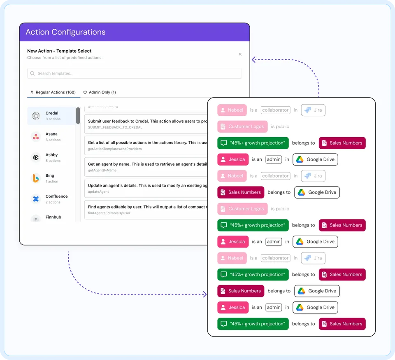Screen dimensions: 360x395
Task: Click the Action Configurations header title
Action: [65, 32]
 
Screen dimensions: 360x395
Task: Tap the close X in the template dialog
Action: [240, 54]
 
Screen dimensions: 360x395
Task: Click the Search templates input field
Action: [135, 73]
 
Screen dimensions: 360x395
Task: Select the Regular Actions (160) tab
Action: [53, 92]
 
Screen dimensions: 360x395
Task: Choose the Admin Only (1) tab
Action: [100, 92]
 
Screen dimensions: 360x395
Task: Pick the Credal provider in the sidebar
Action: [51, 116]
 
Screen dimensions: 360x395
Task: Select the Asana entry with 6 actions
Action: [51, 137]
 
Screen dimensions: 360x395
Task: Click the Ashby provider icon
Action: [36, 157]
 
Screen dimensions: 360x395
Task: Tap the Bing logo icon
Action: [36, 178]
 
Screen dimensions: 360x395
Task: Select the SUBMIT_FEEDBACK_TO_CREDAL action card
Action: [146, 124]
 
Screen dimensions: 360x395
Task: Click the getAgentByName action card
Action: [146, 167]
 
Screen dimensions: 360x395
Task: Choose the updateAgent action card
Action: [146, 188]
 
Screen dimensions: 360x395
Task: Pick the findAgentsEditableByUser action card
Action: [146, 209]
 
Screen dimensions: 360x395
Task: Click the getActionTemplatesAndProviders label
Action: [115, 149]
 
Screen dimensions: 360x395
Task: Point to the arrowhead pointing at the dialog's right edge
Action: [254, 60]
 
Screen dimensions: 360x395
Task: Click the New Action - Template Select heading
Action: [59, 51]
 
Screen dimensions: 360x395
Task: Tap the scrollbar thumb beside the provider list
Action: [78, 115]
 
